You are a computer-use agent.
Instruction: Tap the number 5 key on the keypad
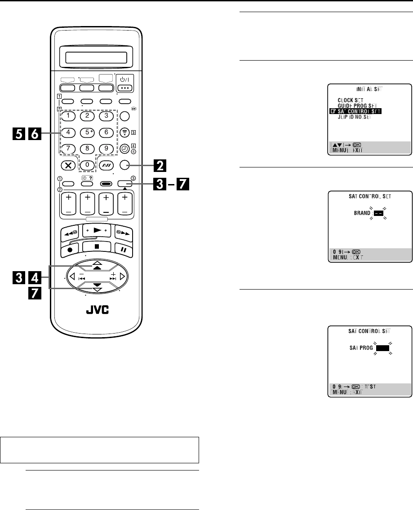[87, 133]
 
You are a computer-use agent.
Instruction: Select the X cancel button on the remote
[68, 165]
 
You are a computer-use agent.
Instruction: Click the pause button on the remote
[122, 248]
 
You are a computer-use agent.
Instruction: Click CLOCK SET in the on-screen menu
[351, 100]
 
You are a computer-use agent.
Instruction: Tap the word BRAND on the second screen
[362, 215]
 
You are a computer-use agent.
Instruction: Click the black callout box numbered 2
[159, 165]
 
